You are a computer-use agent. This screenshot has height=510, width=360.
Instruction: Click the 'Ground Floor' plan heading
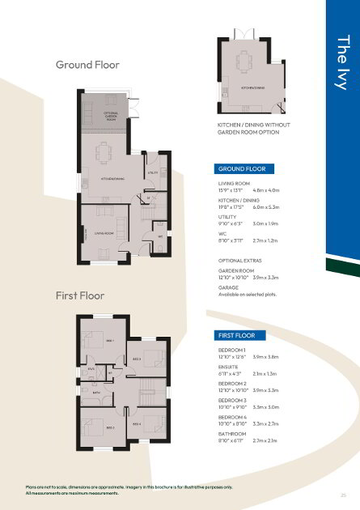coord(87,65)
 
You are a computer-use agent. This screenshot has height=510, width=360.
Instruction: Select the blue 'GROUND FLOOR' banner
coord(241,169)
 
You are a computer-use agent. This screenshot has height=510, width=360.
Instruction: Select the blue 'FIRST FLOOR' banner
coord(237,335)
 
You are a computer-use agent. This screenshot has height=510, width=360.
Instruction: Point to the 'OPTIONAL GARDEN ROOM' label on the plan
coord(111,116)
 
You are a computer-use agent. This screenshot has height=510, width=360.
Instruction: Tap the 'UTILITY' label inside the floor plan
coord(152,173)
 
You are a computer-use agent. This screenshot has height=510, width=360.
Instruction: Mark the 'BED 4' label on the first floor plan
coord(137,423)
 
